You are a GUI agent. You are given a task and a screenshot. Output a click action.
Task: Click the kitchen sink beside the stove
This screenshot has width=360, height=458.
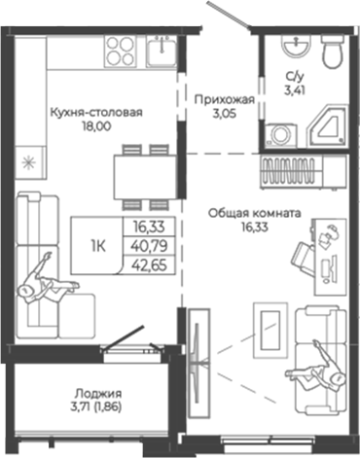[162, 48]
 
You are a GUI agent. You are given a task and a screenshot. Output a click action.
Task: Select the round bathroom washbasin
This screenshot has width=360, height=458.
[290, 49]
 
